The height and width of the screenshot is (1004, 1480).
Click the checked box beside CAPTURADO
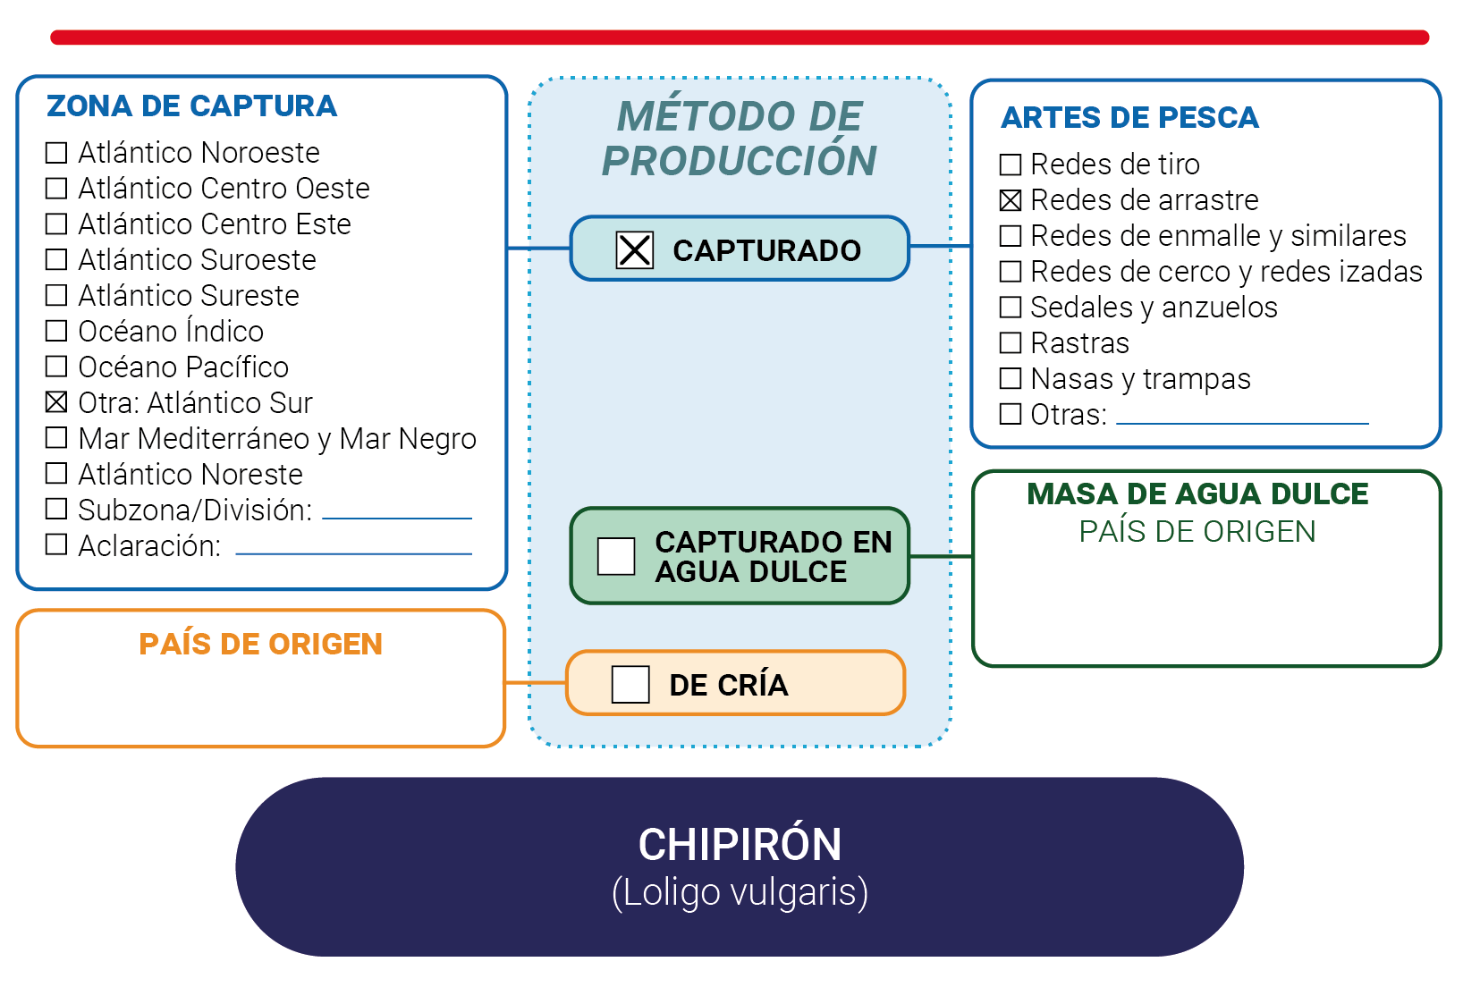(634, 249)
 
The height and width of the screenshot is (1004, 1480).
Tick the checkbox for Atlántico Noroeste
(56, 153)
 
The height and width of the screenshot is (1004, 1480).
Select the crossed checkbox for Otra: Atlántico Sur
(56, 401)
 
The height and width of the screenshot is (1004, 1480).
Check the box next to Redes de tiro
(1011, 164)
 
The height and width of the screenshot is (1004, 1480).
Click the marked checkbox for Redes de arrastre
(1011, 199)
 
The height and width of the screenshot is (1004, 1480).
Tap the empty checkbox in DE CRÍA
(630, 684)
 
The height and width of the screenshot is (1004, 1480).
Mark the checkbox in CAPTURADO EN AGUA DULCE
(616, 555)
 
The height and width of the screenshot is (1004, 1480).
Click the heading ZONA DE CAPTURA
(191, 105)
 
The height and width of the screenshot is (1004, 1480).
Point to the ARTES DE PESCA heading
(1129, 118)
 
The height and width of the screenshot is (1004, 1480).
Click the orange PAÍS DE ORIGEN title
(260, 644)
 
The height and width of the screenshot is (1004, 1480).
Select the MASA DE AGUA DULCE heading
(1197, 494)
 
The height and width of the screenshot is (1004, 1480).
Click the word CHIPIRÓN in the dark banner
(740, 844)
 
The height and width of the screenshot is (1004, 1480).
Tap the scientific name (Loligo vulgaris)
(740, 892)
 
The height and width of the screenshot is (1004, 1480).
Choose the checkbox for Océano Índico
(56, 330)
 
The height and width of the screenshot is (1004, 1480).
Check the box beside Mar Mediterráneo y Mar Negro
(56, 437)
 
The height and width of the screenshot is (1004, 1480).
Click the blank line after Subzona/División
(396, 519)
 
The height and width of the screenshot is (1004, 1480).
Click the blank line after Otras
(1242, 424)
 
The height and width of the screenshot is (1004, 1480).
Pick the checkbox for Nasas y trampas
(1011, 378)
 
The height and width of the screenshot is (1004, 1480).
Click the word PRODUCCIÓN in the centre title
(739, 161)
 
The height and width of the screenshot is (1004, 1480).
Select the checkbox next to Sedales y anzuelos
(1011, 308)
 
